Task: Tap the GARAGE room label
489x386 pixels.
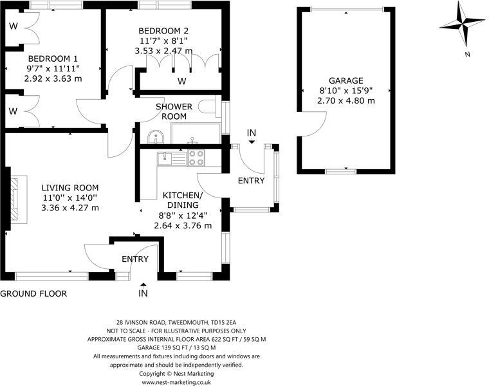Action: click(x=346, y=80)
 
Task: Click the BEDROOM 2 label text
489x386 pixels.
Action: click(x=163, y=30)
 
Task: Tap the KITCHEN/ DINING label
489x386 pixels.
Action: click(x=183, y=200)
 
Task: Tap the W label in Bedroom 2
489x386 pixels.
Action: click(x=182, y=81)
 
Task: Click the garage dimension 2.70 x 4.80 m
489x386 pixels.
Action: click(x=346, y=101)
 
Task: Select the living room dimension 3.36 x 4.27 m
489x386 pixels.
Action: click(x=70, y=208)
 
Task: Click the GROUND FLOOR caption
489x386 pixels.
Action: click(x=33, y=294)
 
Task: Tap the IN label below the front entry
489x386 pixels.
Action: click(x=143, y=294)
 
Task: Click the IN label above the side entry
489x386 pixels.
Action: click(x=252, y=133)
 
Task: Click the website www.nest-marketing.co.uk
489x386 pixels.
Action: click(x=177, y=382)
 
